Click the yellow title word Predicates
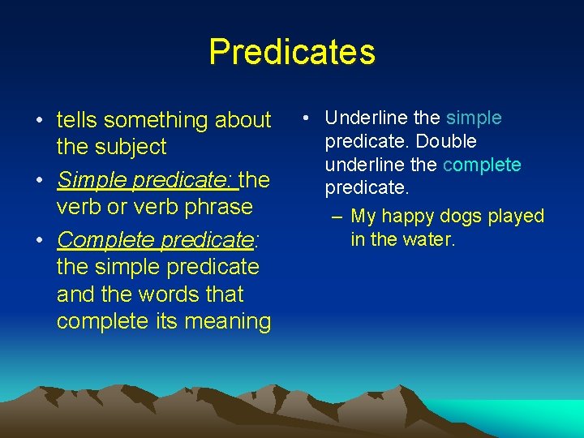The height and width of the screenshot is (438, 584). click(x=292, y=52)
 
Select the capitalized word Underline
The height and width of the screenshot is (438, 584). click(x=364, y=118)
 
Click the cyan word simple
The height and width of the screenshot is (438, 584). click(x=474, y=118)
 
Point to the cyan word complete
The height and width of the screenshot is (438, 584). click(x=482, y=165)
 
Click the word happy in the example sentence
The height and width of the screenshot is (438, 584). click(x=408, y=217)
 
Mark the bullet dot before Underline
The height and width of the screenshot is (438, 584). click(x=303, y=118)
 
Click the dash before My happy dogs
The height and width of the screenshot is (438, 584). click(x=337, y=217)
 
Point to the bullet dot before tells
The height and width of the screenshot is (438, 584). click(x=39, y=121)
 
